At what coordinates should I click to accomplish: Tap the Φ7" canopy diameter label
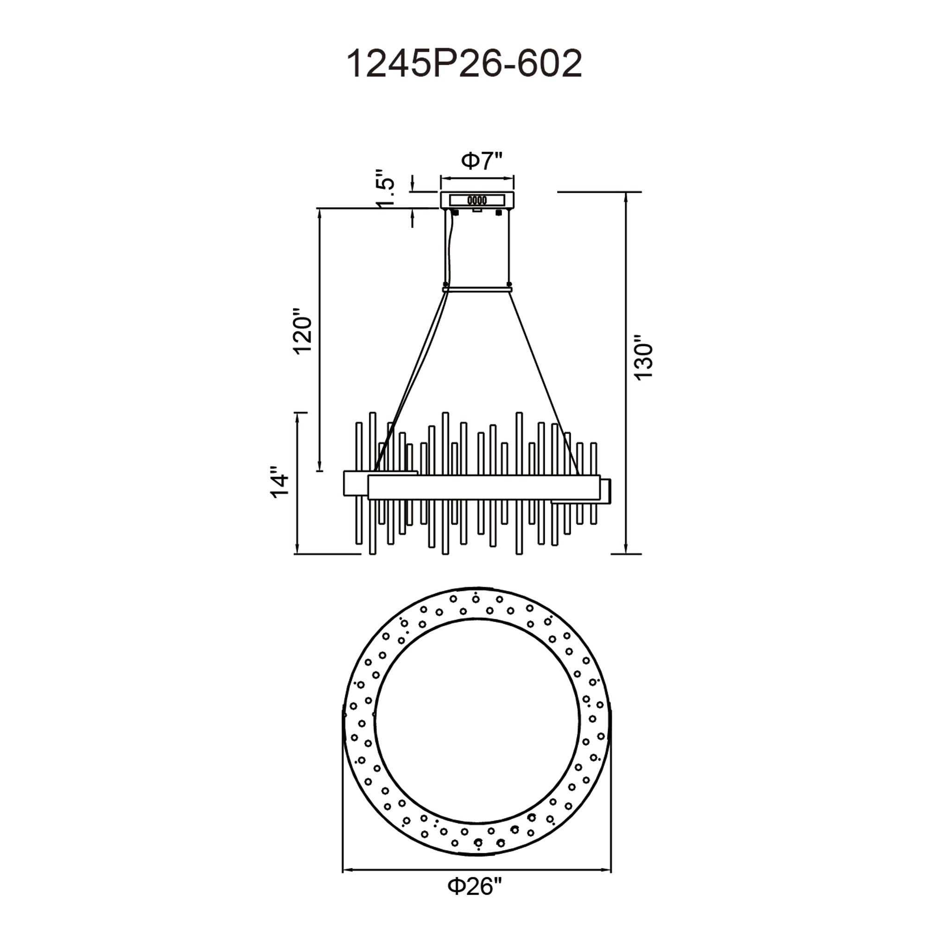point(482,161)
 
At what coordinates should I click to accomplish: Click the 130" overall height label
point(643,361)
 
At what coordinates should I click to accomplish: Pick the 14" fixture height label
point(280,482)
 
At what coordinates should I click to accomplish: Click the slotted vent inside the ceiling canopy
point(477,200)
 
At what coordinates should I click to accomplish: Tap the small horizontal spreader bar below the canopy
point(477,289)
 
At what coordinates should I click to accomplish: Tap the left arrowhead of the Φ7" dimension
point(444,178)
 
